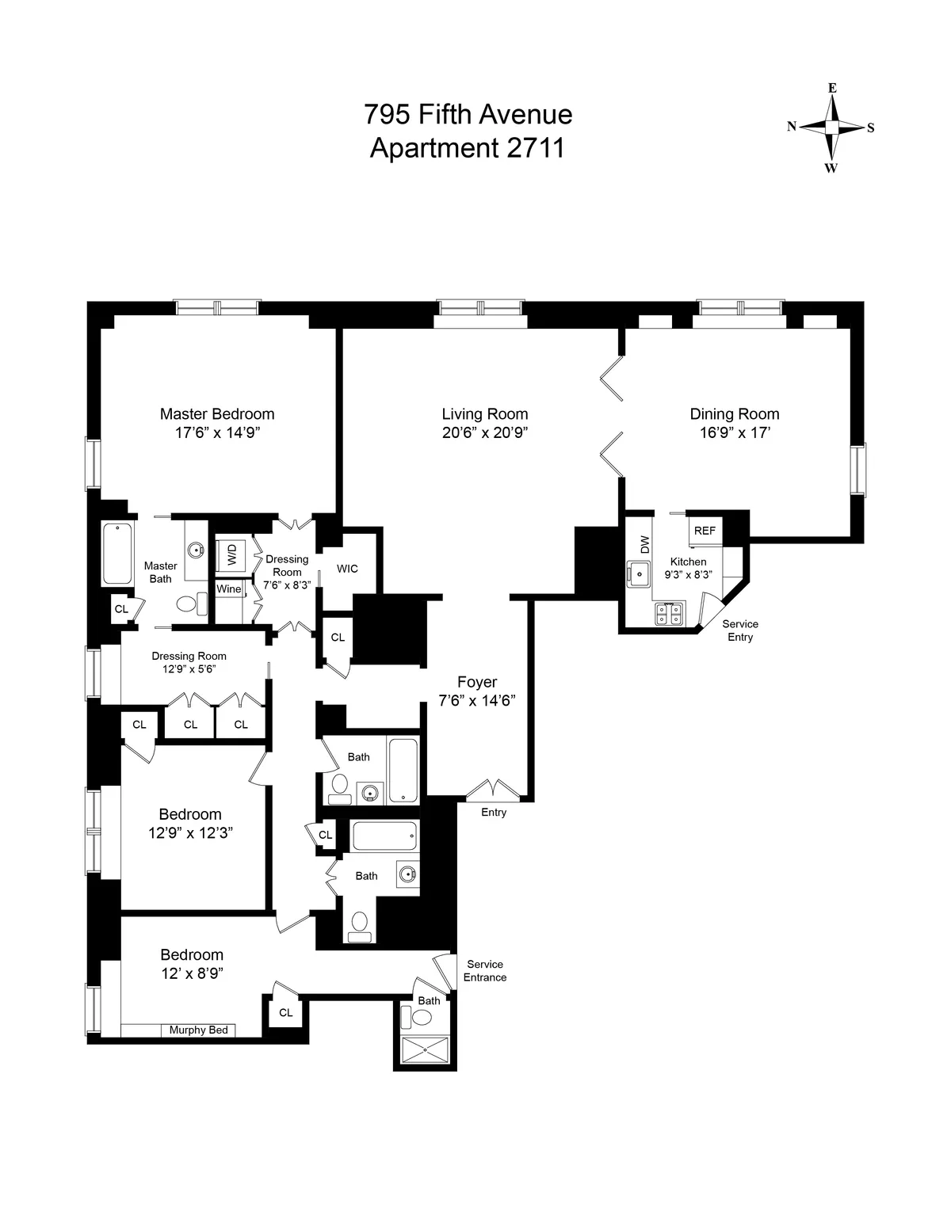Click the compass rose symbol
tap(831, 128)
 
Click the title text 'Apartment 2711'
tap(467, 148)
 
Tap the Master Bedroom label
tap(217, 413)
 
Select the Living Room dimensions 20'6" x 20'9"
tap(484, 432)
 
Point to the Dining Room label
tap(734, 413)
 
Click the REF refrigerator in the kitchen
tap(705, 531)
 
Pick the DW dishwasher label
tap(644, 545)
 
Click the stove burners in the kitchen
tap(669, 614)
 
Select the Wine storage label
tap(228, 589)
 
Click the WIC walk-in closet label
tap(347, 569)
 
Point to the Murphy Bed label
tap(198, 1030)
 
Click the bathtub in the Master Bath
tap(117, 552)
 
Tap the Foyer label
tap(477, 682)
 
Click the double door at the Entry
tap(493, 789)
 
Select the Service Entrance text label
tap(484, 970)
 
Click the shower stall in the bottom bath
tap(426, 1048)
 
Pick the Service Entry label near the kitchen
tap(739, 630)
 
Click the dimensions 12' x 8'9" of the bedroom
tap(192, 973)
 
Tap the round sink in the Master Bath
tap(195, 548)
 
